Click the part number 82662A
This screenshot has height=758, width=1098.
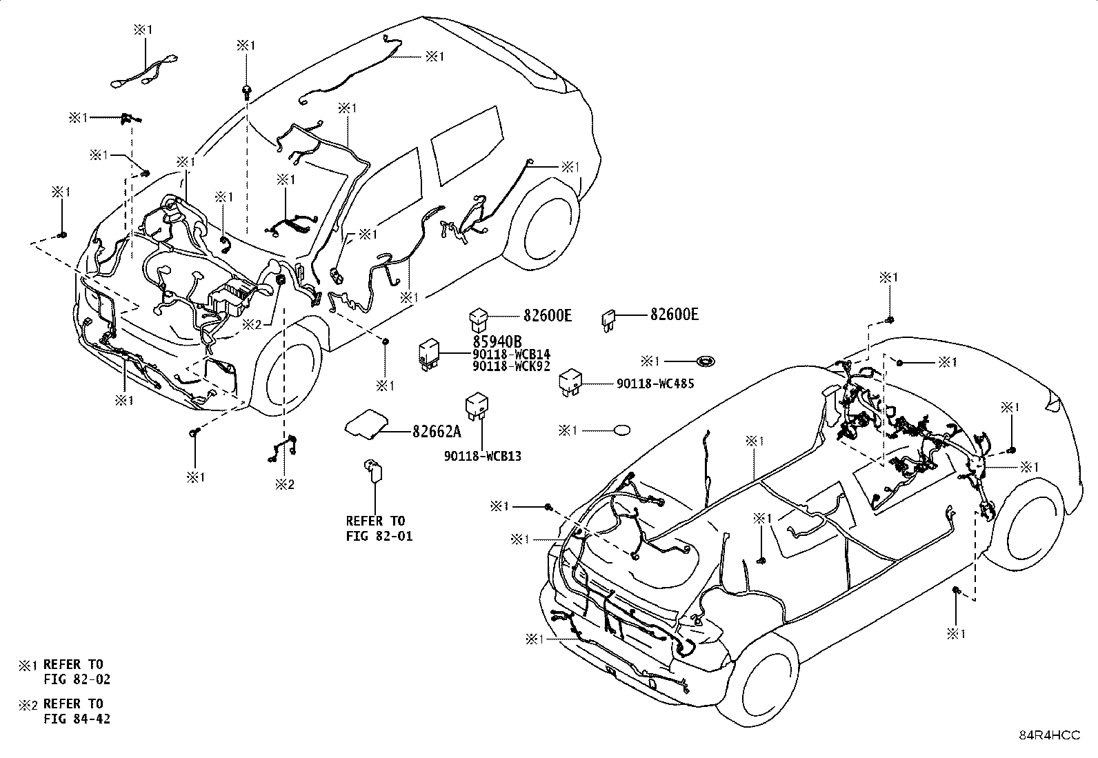pos(437,432)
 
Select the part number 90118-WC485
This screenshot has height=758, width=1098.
pos(655,383)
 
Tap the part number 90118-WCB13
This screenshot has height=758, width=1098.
pos(483,456)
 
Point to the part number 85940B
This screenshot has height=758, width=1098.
pos(497,341)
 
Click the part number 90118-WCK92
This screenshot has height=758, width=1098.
pos(511,366)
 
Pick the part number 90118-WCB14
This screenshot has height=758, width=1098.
pos(511,354)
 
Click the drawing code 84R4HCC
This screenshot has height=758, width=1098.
pos(1050,735)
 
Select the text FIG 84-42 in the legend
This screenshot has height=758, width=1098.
pos(77,719)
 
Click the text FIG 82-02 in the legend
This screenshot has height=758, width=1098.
pos(77,679)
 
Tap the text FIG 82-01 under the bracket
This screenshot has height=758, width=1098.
pos(379,537)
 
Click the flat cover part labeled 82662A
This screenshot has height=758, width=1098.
pos(367,423)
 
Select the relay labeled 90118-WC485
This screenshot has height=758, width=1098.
pos(570,382)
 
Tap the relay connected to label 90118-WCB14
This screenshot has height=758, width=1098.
pos(428,354)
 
